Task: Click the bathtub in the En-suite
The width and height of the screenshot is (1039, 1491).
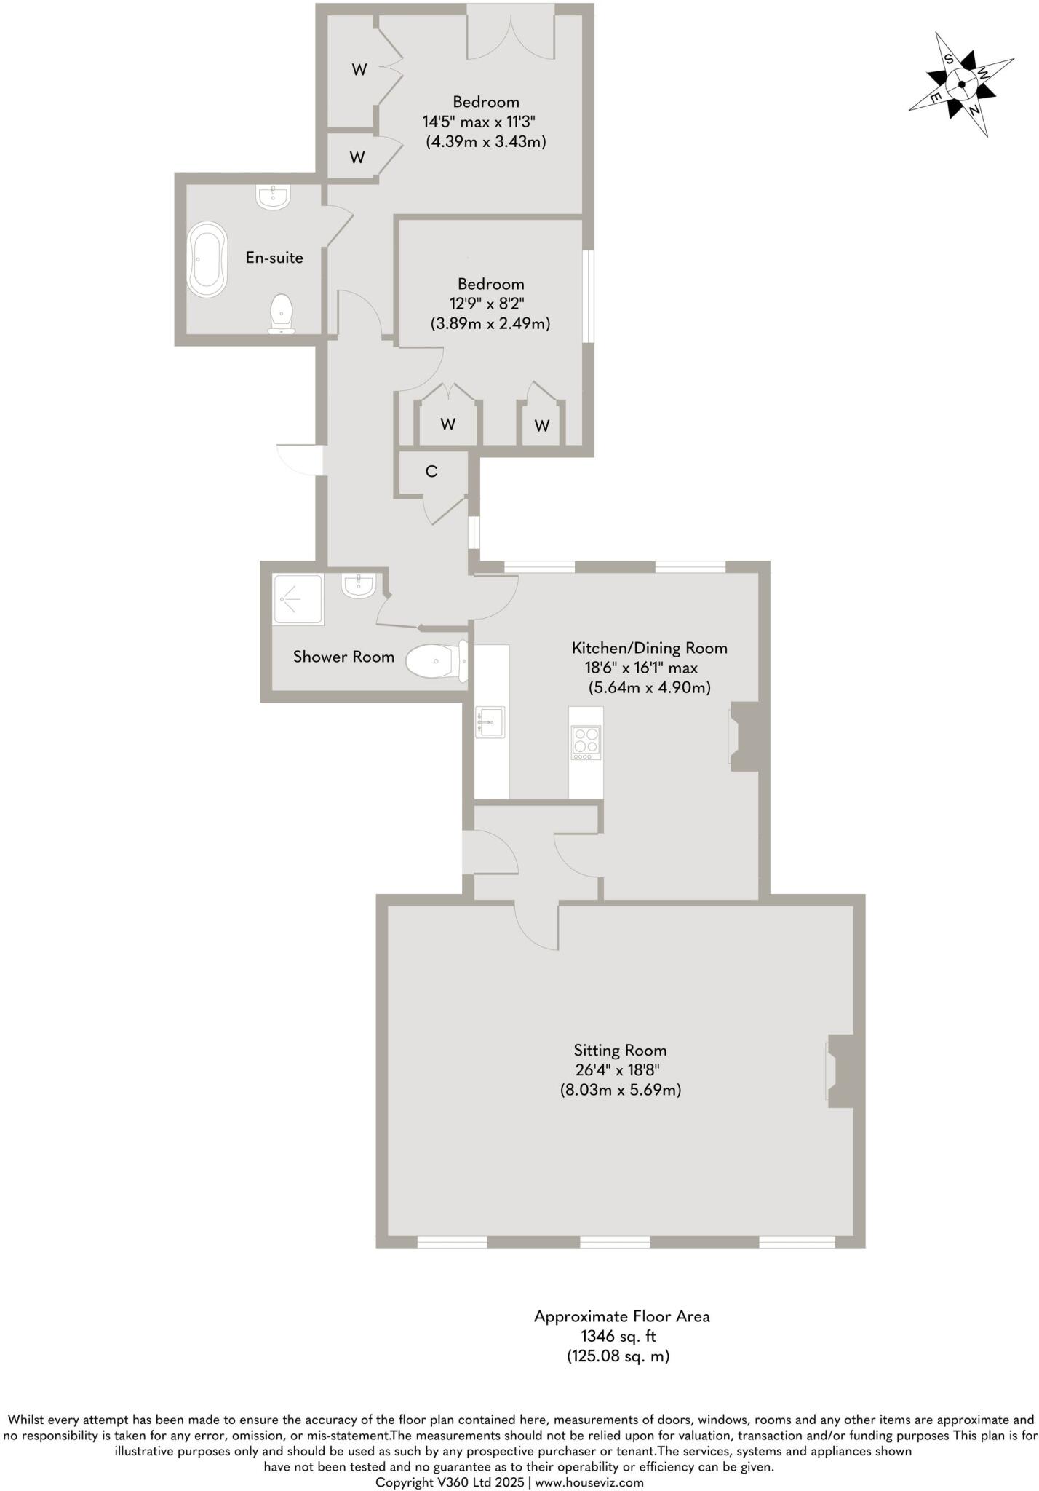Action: click(x=207, y=260)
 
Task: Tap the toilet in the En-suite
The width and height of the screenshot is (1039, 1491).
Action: click(x=282, y=314)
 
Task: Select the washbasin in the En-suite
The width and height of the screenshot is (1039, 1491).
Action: click(x=274, y=197)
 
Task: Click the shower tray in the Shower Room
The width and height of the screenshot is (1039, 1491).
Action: click(x=298, y=599)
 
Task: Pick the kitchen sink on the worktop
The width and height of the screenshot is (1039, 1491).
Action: click(x=490, y=721)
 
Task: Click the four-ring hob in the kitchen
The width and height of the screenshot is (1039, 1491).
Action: click(x=586, y=743)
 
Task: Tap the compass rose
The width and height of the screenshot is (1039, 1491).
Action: click(x=961, y=84)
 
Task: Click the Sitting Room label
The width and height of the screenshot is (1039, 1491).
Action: click(x=620, y=1050)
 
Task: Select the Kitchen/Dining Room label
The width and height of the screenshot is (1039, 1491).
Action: click(x=649, y=648)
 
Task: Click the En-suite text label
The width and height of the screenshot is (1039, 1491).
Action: click(x=274, y=258)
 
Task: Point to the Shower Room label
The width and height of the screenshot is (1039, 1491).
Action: click(x=343, y=657)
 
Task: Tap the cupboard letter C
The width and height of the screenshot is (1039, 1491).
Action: click(x=431, y=472)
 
